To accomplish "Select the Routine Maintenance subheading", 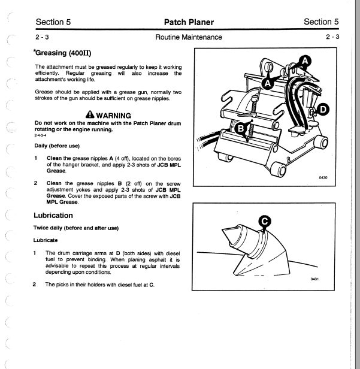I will (188, 37).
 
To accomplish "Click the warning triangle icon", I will (89, 115).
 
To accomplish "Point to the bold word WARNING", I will (113, 115).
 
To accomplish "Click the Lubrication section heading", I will (53, 215).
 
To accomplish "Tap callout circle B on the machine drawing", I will (241, 128).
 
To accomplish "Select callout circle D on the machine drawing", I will (322, 110).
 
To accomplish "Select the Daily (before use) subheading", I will (58, 146).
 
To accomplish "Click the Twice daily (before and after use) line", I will (76, 228).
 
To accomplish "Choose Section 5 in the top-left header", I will (53, 22).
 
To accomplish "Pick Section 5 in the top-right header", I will (321, 22).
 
